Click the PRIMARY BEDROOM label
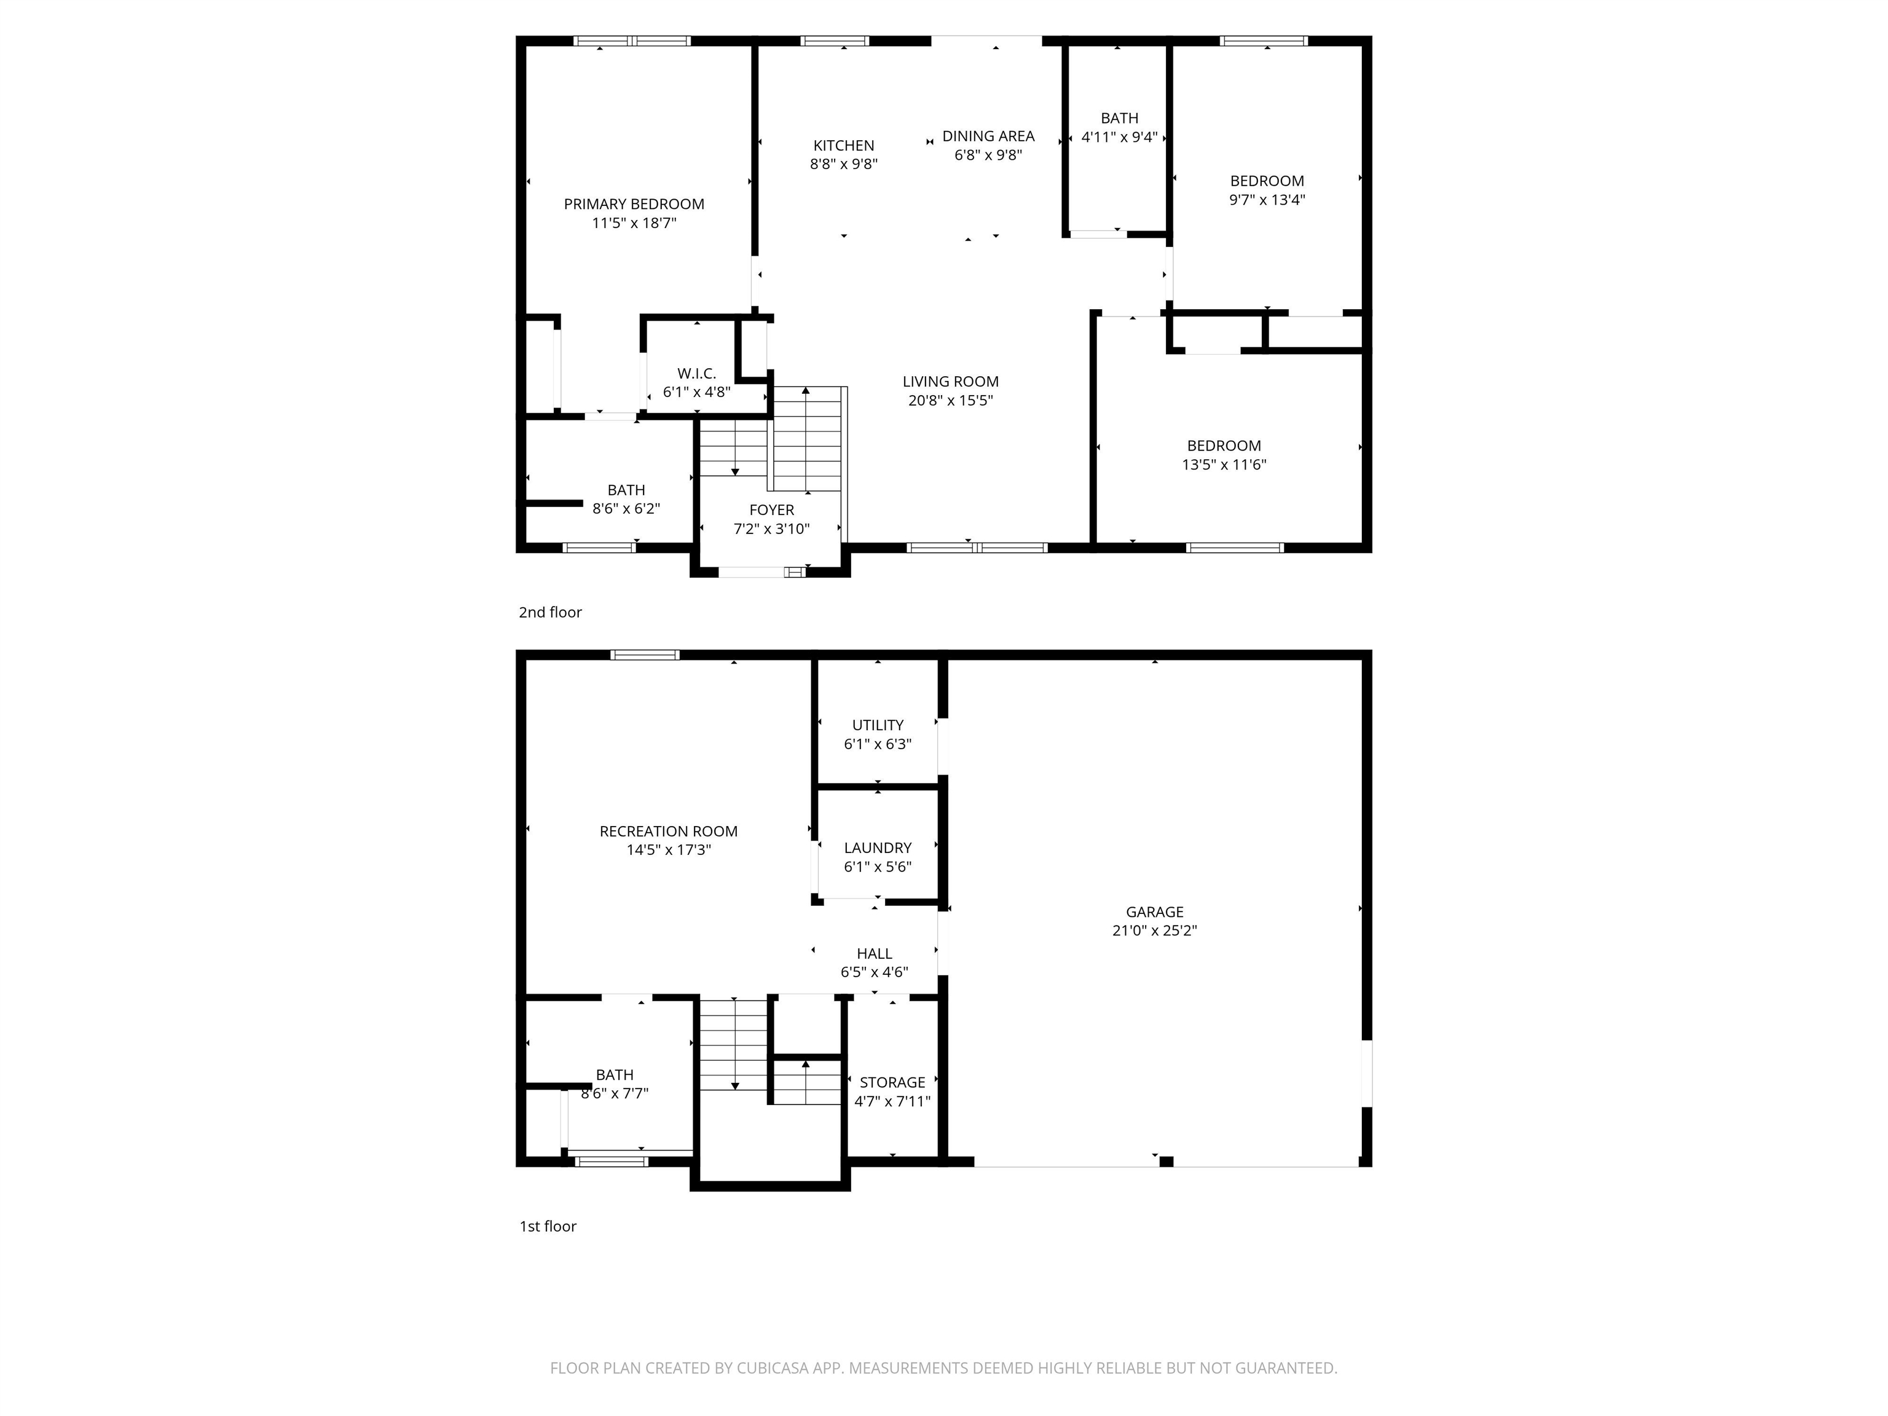633,204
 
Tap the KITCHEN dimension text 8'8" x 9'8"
843,165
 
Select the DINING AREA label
988,136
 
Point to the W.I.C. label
696,374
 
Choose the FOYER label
771,510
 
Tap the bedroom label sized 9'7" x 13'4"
1267,181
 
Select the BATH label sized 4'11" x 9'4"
1119,119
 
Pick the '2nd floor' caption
549,613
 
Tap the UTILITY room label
878,725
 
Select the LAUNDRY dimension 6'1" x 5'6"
878,867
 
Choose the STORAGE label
892,1082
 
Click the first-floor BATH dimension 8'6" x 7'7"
615,1093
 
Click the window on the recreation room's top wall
645,655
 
